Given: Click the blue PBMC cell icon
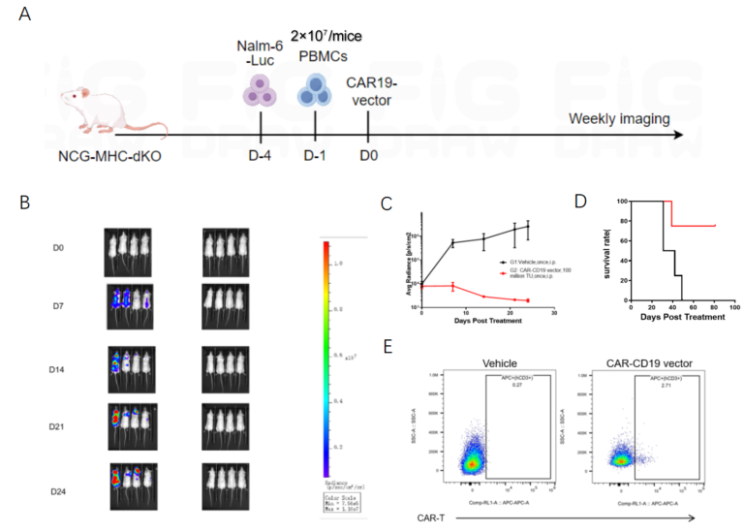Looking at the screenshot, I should tap(315, 94).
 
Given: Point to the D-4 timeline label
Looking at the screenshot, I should tap(262, 155).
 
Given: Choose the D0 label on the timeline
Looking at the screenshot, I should tap(368, 155).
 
